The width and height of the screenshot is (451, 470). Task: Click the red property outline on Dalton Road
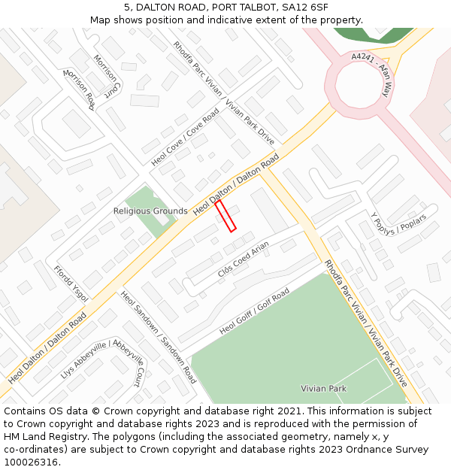[225, 216]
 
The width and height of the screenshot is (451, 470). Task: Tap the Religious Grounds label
[150, 211]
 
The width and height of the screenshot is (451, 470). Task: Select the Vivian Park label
[323, 389]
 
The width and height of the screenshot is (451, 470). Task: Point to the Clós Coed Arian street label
[243, 259]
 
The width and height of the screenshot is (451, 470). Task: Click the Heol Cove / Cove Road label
[185, 137]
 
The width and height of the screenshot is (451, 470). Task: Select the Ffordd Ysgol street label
[71, 284]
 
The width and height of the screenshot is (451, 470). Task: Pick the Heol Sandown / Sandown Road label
[158, 337]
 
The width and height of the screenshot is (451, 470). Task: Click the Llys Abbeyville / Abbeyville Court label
[103, 362]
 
